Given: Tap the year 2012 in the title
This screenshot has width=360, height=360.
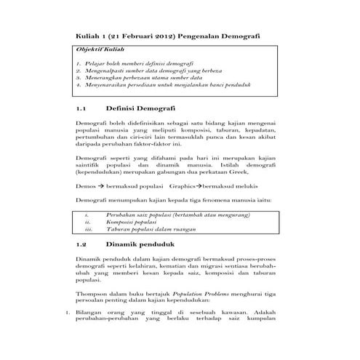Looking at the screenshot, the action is click(160, 36).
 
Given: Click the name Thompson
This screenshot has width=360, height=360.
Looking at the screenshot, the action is click(92, 292).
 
